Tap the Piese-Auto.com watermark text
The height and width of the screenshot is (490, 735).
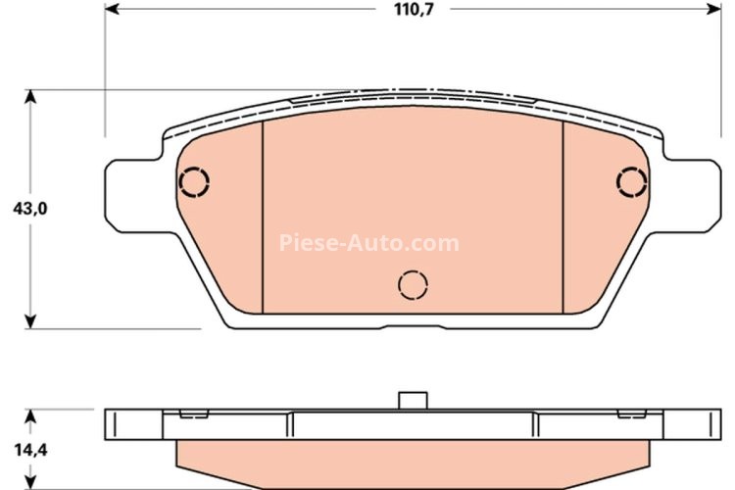coord(368,242)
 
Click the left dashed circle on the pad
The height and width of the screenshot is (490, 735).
coord(194,182)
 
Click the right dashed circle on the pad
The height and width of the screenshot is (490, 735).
coord(632,181)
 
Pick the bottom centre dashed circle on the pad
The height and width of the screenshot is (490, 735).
coord(414,284)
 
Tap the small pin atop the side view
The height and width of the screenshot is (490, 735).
coord(413,400)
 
